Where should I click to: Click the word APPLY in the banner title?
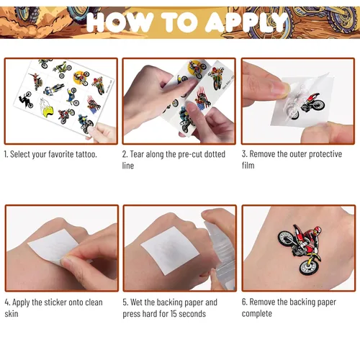(247, 22)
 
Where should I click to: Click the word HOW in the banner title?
(120, 22)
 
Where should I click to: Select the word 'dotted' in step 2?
(215, 154)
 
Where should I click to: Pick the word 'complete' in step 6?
(257, 314)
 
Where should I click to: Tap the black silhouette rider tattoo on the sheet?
(26, 99)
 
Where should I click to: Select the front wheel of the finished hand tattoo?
(308, 267)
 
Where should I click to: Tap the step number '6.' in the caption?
(245, 302)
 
